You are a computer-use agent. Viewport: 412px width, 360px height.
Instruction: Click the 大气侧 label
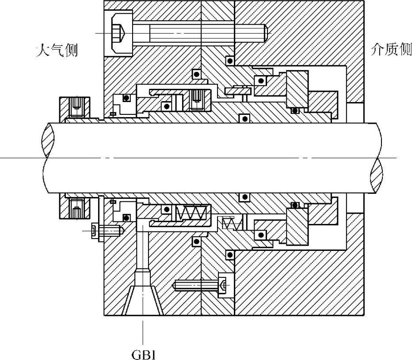pyautogui.click(x=57, y=50)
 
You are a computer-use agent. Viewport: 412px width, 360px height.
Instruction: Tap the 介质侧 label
pyautogui.click(x=391, y=50)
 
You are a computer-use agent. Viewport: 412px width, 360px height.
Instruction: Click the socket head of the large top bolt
pyautogui.click(x=118, y=33)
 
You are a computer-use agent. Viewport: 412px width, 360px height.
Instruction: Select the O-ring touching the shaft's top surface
pyautogui.click(x=242, y=118)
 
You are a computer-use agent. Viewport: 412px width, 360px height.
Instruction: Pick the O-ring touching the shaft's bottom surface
pyautogui.click(x=242, y=196)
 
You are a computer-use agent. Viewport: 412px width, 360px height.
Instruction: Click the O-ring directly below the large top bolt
pyautogui.click(x=229, y=59)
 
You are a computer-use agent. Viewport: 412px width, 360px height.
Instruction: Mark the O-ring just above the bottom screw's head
pyautogui.click(x=229, y=255)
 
